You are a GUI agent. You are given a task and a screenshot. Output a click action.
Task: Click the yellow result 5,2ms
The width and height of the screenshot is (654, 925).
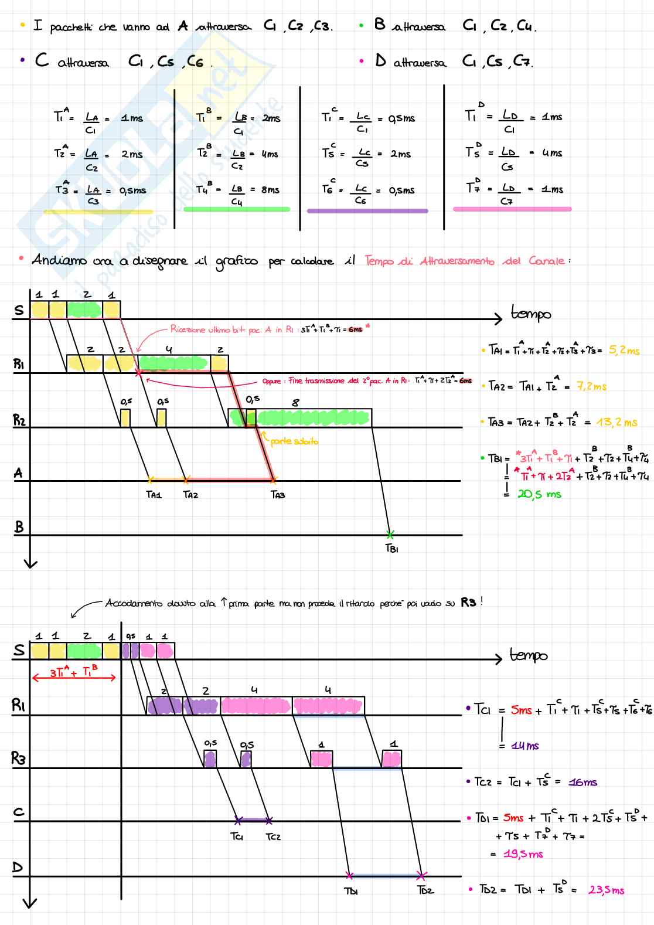click(624, 351)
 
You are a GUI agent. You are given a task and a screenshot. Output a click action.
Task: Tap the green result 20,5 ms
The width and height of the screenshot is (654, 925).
click(539, 494)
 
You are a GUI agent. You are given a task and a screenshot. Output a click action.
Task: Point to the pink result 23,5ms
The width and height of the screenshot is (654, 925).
click(606, 890)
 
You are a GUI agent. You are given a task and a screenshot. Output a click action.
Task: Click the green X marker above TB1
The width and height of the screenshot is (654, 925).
click(390, 534)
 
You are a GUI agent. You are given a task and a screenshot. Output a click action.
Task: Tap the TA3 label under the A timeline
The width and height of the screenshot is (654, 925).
click(278, 495)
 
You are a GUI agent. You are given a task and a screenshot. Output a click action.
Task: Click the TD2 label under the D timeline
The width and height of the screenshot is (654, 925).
click(425, 890)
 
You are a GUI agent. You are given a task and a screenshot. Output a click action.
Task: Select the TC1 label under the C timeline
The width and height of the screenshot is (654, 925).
click(237, 836)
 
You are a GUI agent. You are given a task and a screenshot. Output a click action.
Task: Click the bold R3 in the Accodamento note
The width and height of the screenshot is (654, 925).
click(468, 603)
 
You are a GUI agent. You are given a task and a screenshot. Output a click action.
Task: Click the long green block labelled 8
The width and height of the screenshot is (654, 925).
click(313, 417)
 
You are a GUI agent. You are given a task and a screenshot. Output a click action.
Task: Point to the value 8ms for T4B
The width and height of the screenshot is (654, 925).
click(270, 190)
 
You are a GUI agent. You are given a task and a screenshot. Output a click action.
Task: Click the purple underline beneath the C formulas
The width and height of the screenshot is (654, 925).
click(367, 210)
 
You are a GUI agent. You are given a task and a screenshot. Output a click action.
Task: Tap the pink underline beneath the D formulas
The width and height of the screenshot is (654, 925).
click(512, 209)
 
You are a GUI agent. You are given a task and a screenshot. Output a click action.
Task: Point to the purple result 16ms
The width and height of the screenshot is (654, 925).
click(583, 782)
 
